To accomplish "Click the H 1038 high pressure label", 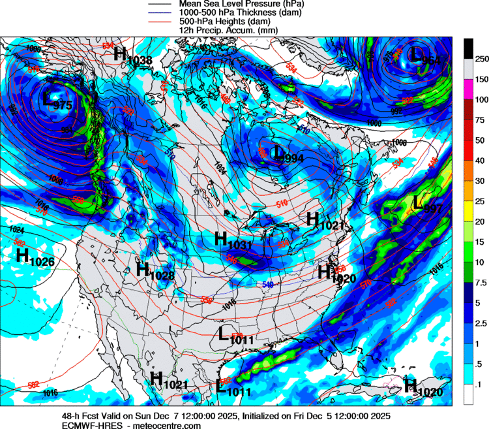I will pos(132,56).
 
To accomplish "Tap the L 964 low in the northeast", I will pos(422,56).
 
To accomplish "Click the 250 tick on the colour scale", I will pos(481,59).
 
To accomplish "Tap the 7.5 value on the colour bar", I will pos(481,283).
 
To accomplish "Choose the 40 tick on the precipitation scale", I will pos(480,161).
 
